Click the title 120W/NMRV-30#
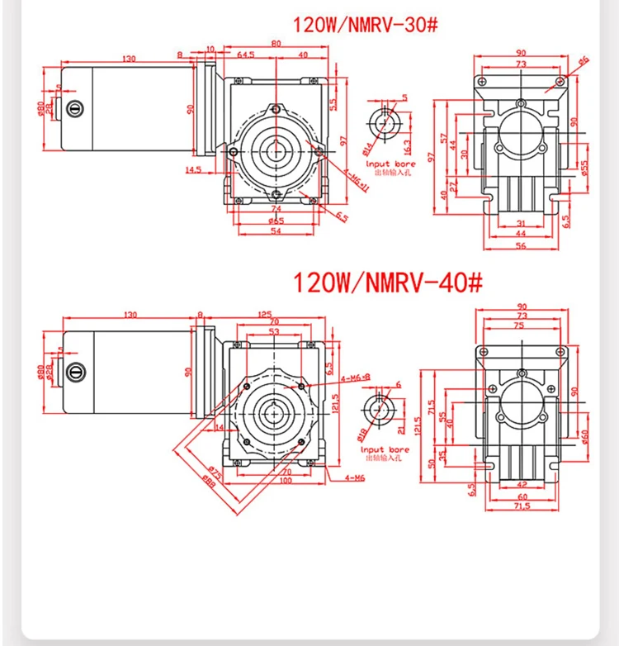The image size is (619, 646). pos(364,26)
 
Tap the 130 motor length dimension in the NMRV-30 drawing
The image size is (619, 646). pos(129,59)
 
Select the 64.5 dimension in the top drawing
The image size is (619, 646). pos(246,56)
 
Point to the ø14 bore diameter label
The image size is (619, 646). pos(369,149)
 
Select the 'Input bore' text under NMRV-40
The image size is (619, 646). pos(384,451)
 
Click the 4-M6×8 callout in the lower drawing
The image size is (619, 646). pos(355,378)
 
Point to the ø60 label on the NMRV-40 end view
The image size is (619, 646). pos(584,435)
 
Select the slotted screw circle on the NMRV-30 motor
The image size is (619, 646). pos(78,107)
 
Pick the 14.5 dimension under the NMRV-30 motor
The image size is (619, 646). pos(195,169)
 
